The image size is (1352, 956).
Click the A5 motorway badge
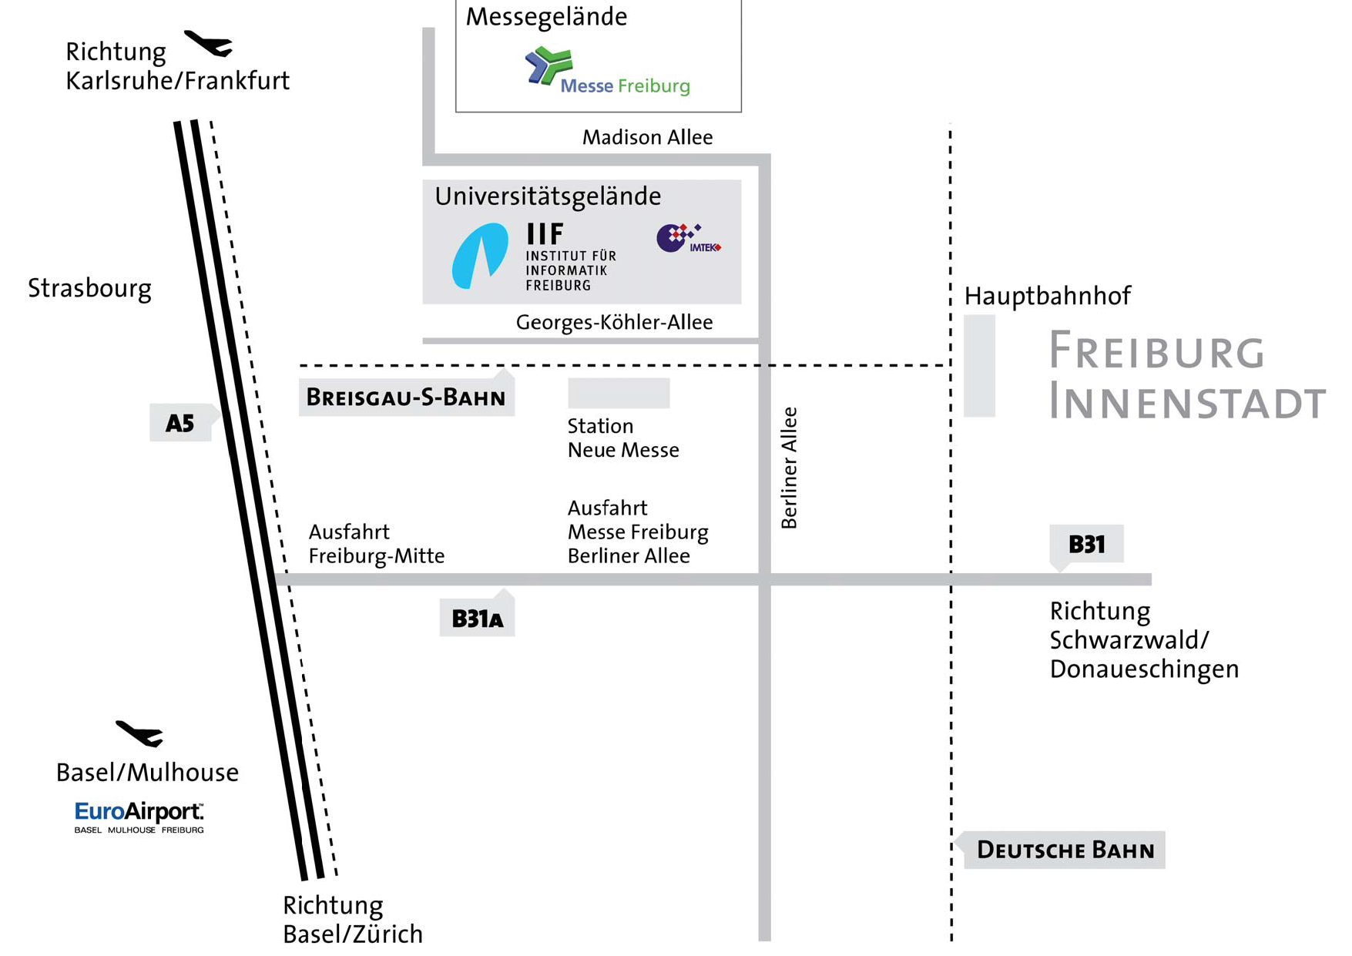click(180, 423)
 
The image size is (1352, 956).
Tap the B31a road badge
click(477, 618)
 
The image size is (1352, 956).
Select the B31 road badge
click(1086, 545)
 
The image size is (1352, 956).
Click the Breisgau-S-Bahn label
click(406, 397)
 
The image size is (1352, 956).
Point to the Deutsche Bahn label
click(1065, 850)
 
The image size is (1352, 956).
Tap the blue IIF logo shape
click(479, 256)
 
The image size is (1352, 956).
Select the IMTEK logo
click(688, 238)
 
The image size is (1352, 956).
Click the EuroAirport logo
click(139, 817)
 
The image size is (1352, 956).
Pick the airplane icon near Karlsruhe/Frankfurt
click(209, 43)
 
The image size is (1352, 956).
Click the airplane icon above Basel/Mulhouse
click(140, 733)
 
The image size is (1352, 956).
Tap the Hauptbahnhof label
click(1047, 296)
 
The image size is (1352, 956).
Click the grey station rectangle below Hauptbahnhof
click(979, 366)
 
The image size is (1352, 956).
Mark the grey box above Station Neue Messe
click(619, 393)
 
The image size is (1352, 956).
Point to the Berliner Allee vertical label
click(789, 468)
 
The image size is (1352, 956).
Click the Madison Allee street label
click(647, 137)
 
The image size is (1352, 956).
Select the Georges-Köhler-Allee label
click(614, 322)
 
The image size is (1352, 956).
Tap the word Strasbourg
click(89, 288)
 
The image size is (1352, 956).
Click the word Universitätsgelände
click(548, 196)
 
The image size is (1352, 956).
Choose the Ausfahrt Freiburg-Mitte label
click(376, 544)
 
